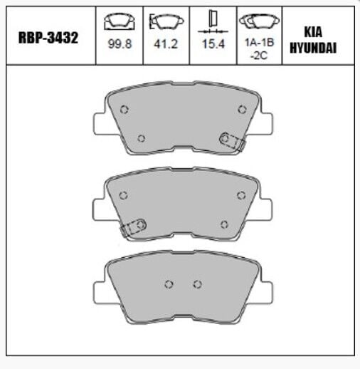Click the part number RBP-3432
(48, 38)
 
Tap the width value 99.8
(120, 44)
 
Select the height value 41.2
(166, 44)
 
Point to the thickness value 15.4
(213, 44)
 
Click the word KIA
(313, 32)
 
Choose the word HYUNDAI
(313, 48)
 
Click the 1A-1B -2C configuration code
(259, 49)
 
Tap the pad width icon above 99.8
(120, 21)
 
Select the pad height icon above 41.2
(166, 21)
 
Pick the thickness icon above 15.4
(213, 21)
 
